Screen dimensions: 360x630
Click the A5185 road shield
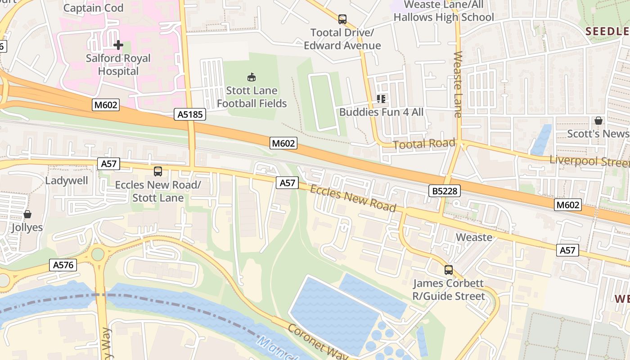click(x=190, y=115)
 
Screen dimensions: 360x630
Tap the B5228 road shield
click(x=445, y=191)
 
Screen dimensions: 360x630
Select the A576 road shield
click(x=63, y=265)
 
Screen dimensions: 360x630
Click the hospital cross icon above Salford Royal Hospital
click(x=118, y=45)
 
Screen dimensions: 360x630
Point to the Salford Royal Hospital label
click(x=118, y=65)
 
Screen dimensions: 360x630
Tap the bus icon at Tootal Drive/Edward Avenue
click(x=342, y=19)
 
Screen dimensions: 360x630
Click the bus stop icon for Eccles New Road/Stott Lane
click(x=158, y=171)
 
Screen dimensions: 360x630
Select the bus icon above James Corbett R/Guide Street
click(x=449, y=270)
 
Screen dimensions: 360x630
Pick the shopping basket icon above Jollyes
click(x=27, y=214)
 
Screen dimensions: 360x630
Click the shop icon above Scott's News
click(x=598, y=121)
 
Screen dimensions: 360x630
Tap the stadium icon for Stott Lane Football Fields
click(x=252, y=77)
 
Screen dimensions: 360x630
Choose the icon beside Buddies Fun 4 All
click(x=381, y=99)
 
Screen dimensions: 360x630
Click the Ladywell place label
click(x=67, y=180)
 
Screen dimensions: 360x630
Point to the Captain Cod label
click(x=93, y=8)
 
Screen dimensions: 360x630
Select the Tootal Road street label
click(x=424, y=144)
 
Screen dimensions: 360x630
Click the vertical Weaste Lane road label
click(x=458, y=84)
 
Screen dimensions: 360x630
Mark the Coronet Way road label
click(x=318, y=344)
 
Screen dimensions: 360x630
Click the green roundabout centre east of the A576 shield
click(x=98, y=254)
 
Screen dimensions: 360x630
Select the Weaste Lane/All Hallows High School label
click(x=444, y=11)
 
